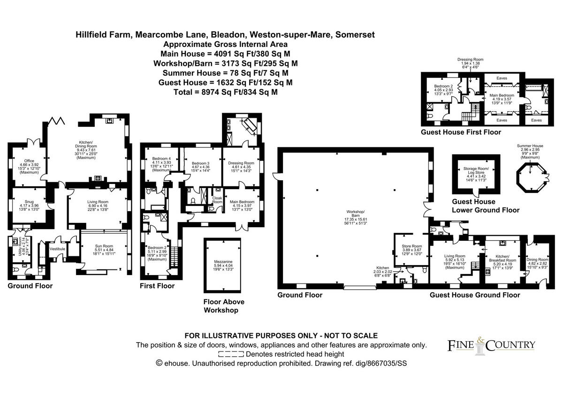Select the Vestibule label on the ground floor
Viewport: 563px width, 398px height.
tap(57, 249)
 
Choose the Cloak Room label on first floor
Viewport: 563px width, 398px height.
tap(217, 199)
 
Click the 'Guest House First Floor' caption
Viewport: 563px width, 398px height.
tap(461, 132)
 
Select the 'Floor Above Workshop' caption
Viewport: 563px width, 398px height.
tap(224, 306)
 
